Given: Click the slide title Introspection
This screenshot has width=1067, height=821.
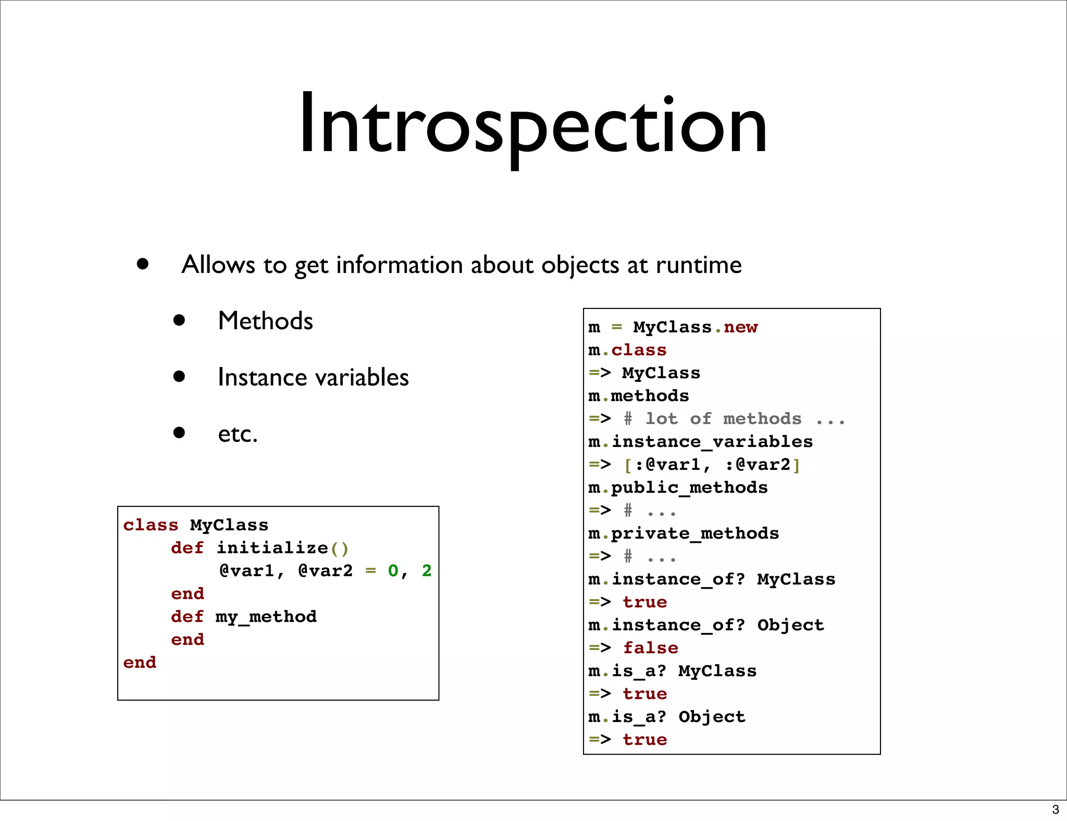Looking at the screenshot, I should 532,125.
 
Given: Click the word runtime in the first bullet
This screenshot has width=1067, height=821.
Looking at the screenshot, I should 698,265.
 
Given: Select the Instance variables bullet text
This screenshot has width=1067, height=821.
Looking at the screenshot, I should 313,377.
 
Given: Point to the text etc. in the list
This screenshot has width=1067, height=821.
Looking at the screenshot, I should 238,434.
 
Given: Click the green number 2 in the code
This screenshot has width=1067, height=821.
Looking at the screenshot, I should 427,571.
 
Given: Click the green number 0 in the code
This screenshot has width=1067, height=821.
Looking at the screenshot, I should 393,571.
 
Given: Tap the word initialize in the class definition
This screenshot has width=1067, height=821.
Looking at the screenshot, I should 272,548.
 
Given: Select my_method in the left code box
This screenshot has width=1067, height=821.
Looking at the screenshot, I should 266,617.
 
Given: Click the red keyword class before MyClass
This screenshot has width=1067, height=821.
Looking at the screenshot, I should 151,525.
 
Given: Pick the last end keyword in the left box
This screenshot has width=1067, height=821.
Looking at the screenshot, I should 140,663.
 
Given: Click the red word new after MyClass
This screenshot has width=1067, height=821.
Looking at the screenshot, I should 740,327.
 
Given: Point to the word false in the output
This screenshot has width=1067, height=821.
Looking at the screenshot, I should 651,648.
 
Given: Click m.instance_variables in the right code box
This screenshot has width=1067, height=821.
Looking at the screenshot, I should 700,442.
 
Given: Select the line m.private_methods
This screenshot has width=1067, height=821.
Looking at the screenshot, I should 684,533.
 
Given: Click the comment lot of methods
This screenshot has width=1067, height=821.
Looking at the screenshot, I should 723,419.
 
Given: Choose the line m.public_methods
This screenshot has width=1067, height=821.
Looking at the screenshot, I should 678,488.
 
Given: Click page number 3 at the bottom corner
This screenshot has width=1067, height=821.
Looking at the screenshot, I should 1055,810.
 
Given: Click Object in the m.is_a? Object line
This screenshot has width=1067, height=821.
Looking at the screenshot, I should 712,717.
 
